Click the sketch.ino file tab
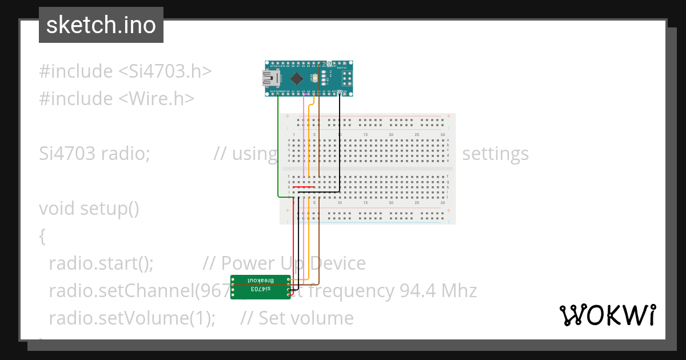tap(101, 25)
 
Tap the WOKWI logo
tap(607, 315)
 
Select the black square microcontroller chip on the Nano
tap(296, 78)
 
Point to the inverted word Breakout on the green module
tap(262, 281)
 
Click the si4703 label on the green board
tap(260, 290)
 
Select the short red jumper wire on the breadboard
tap(304, 187)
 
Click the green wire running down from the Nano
tap(278, 149)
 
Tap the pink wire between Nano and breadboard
tap(303, 137)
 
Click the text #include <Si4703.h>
tap(125, 71)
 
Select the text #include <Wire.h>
tap(117, 99)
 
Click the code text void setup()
tap(89, 209)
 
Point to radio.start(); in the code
tap(101, 263)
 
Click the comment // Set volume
tap(297, 318)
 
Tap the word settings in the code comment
tap(495, 154)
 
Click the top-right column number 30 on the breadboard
tap(442, 134)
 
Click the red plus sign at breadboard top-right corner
tap(449, 116)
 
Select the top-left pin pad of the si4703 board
tap(233, 279)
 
